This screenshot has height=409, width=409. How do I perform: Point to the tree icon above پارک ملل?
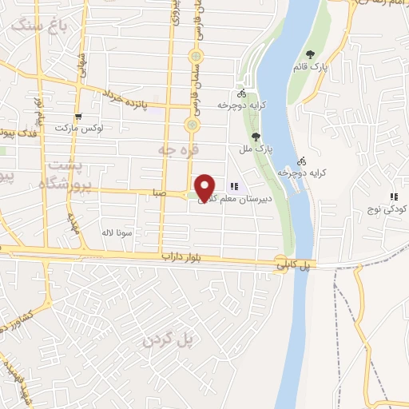point(256,136)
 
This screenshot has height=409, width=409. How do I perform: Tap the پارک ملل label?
point(256,149)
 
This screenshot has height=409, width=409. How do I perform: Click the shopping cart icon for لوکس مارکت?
point(77,116)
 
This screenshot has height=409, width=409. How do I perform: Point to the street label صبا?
point(159,193)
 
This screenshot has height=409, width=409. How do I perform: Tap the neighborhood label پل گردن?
point(169,340)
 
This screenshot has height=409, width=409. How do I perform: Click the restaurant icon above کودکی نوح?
point(393,197)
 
